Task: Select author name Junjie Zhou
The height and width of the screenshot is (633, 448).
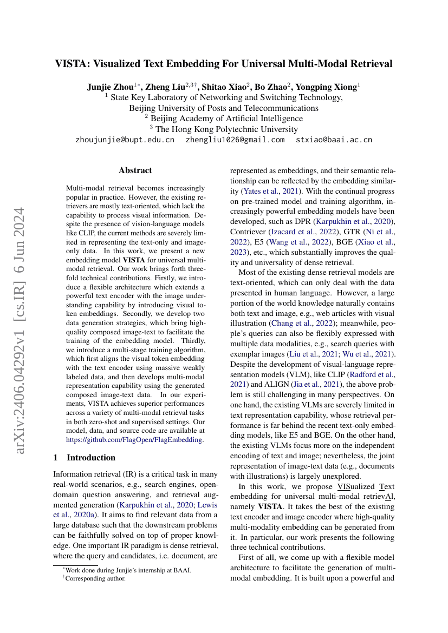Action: [x=110, y=87]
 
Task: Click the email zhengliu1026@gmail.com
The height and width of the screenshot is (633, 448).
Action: [x=235, y=140]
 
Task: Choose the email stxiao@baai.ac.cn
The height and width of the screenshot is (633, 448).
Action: [x=334, y=140]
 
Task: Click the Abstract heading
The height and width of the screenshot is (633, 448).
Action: [x=135, y=170]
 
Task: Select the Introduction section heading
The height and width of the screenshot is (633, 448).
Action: [x=90, y=457]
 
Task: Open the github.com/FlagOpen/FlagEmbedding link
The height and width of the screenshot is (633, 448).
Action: [x=135, y=440]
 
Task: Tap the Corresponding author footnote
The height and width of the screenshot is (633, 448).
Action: [x=95, y=578]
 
